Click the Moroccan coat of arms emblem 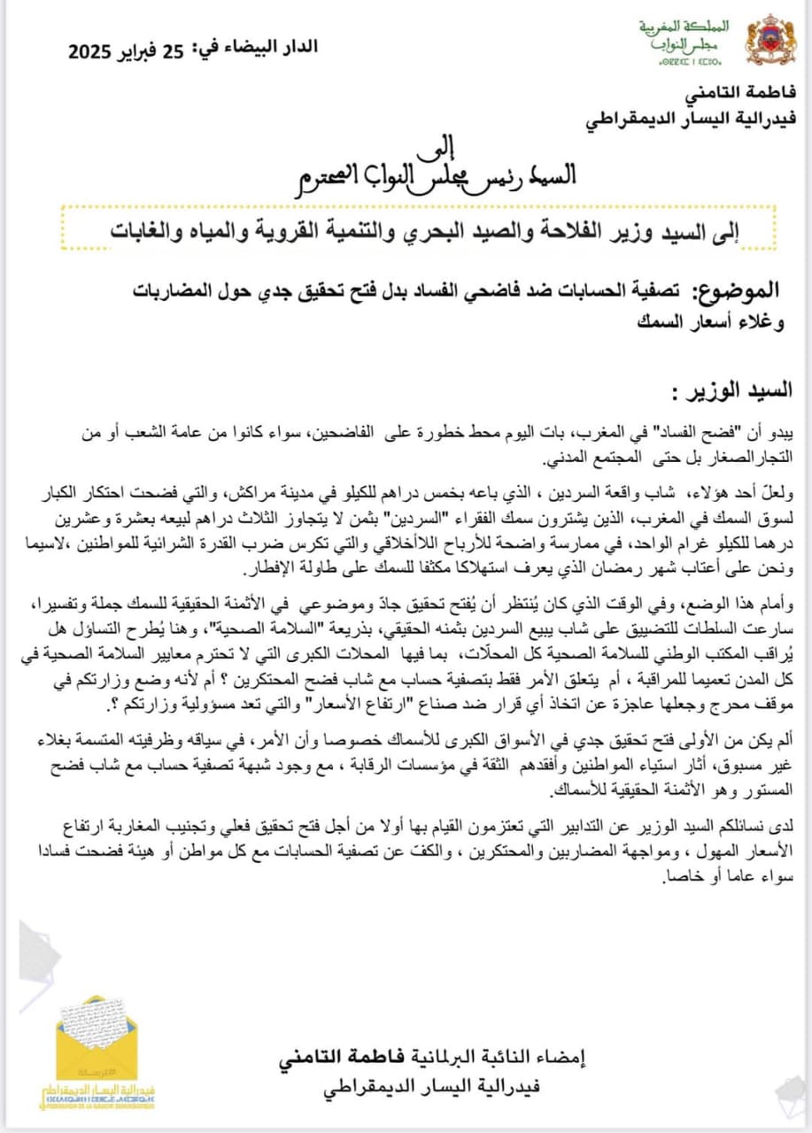click(770, 40)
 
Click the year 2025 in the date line click(97, 51)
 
